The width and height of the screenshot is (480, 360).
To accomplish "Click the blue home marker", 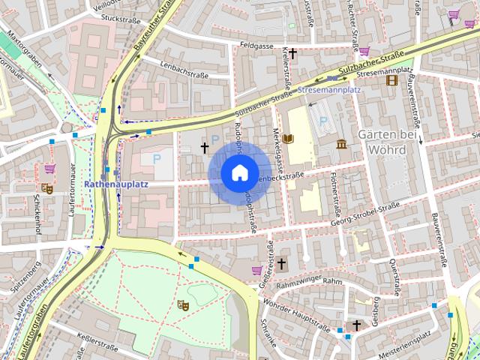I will click(239, 173).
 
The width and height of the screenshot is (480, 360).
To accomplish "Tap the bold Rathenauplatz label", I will click(116, 183).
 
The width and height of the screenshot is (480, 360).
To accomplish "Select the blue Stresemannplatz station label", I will click(329, 89).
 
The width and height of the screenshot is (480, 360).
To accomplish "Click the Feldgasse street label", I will click(257, 46).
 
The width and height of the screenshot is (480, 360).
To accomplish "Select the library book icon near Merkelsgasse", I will click(289, 138).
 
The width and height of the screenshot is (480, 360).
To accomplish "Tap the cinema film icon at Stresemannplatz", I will click(391, 79).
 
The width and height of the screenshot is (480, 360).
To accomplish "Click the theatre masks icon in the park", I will click(181, 304).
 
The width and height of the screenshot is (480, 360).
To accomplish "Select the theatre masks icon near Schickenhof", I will click(46, 189).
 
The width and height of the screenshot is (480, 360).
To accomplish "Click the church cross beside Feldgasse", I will click(292, 52).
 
